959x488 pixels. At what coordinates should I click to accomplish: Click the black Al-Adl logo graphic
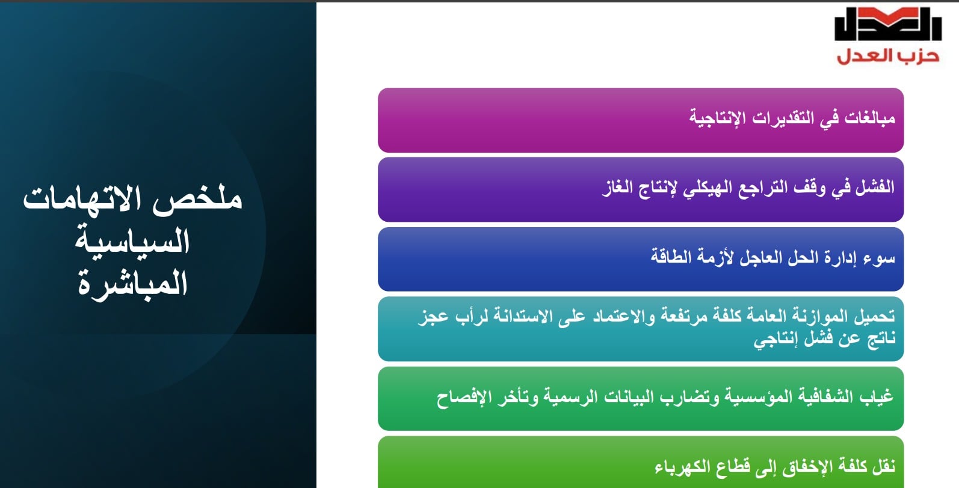pyautogui.click(x=887, y=25)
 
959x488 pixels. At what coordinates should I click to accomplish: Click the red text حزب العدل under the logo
pyautogui.click(x=887, y=56)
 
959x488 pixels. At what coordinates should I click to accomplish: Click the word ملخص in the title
pyautogui.click(x=197, y=199)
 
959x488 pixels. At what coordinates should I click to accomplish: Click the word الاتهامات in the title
pyautogui.click(x=88, y=199)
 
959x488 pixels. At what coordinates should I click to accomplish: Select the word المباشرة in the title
pyautogui.click(x=132, y=283)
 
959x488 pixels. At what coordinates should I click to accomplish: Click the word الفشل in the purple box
pyautogui.click(x=875, y=187)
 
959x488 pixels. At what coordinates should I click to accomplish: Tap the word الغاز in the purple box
pyautogui.click(x=617, y=187)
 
